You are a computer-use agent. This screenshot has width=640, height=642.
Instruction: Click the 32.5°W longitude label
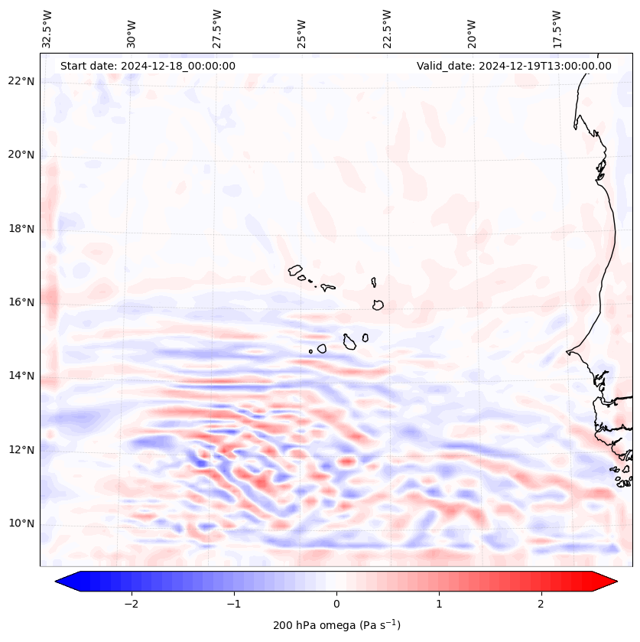(47, 29)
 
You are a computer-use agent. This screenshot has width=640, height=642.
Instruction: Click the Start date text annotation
(148, 66)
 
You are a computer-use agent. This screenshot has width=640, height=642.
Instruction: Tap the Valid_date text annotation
(514, 66)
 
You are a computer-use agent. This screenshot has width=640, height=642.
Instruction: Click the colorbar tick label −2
(131, 604)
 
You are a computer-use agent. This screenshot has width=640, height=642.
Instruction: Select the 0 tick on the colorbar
(336, 604)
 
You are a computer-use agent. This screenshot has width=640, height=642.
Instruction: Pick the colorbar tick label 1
(439, 604)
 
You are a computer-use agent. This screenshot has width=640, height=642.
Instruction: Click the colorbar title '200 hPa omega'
(336, 625)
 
